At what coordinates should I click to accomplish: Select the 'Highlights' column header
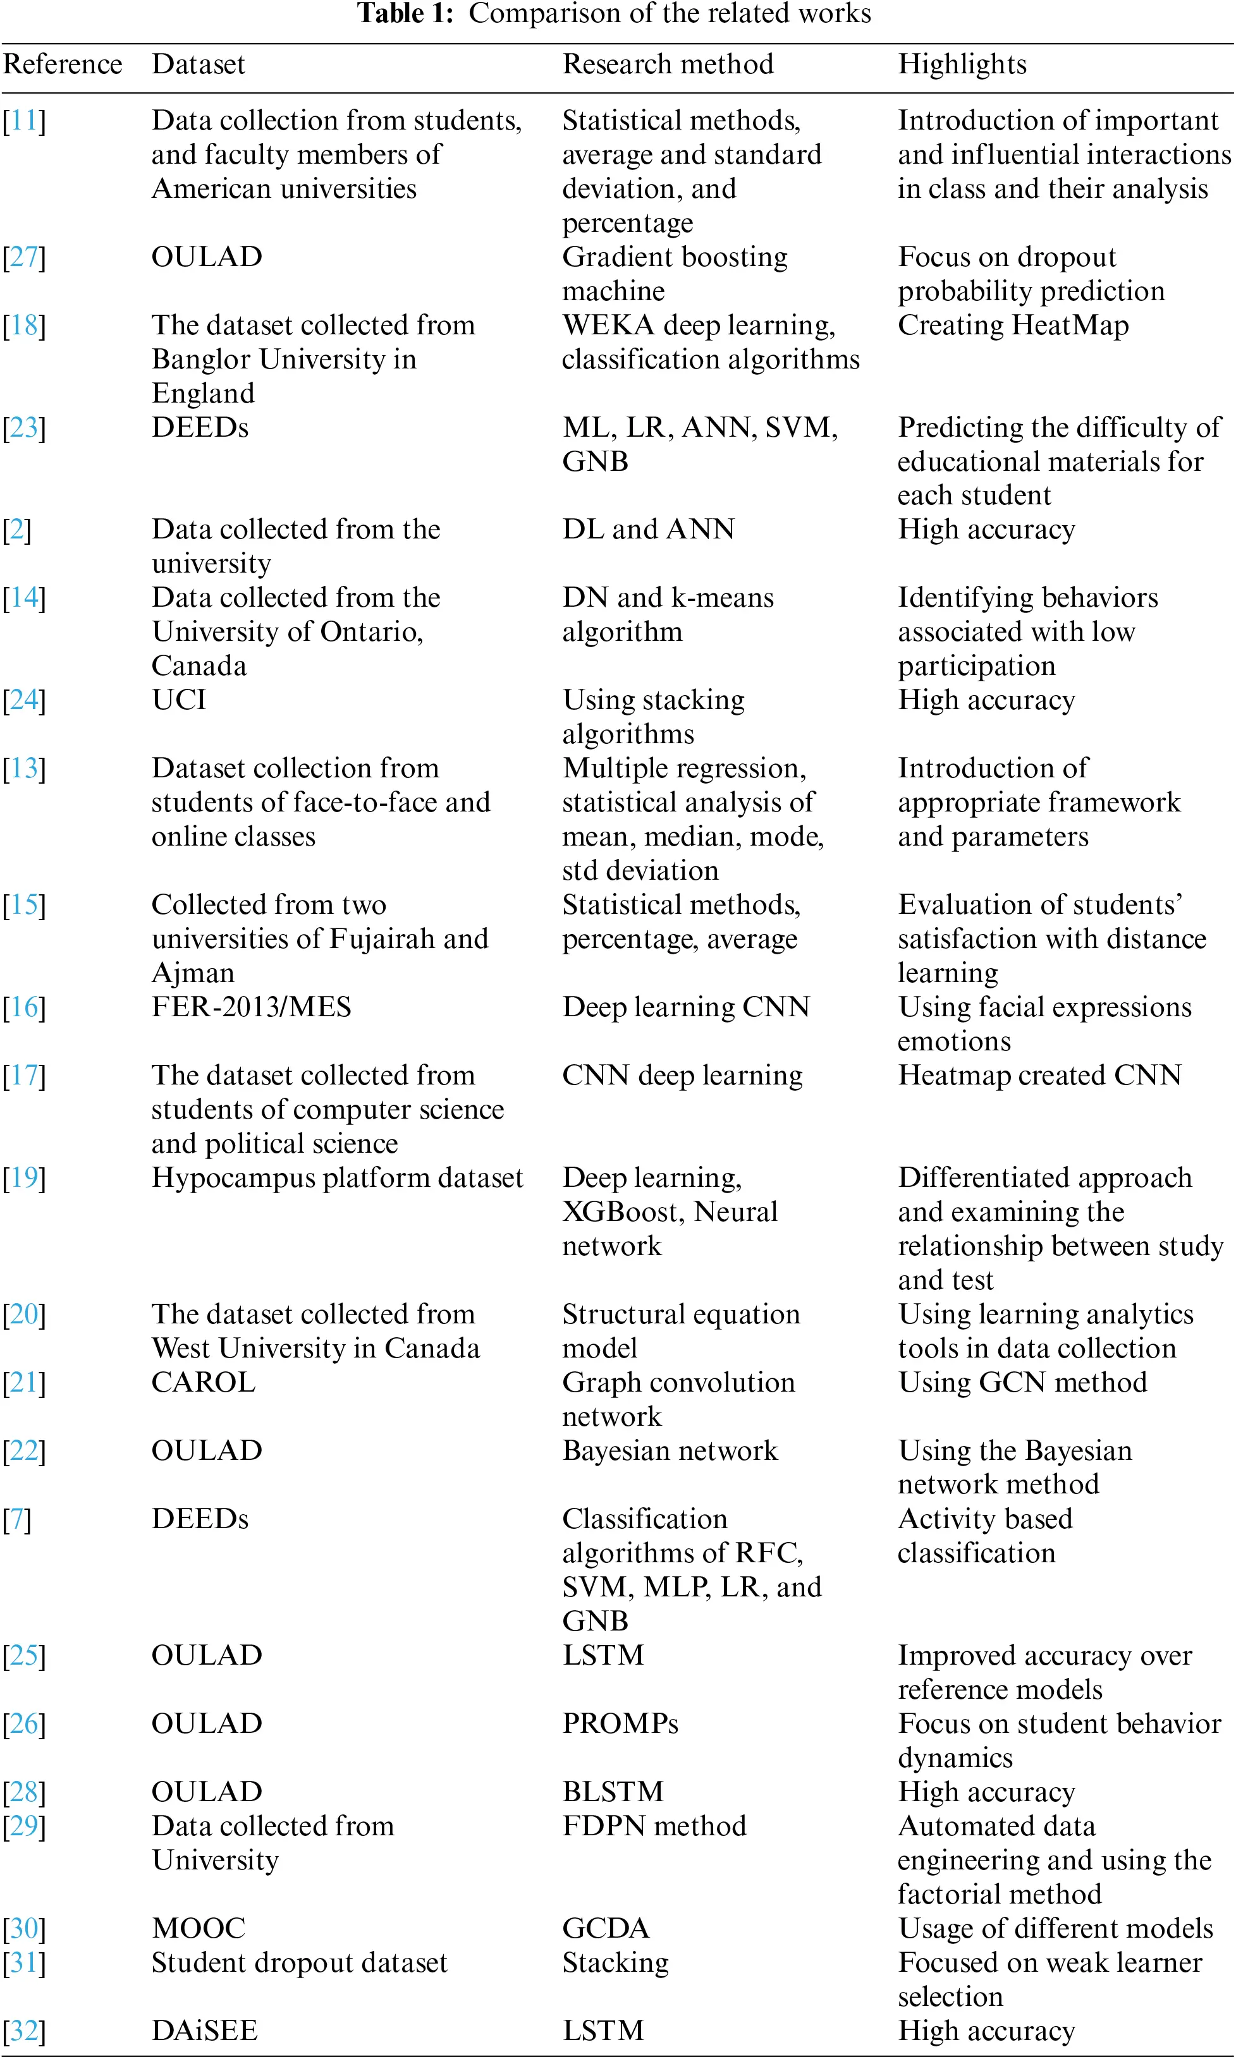click(962, 64)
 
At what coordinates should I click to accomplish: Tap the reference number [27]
click(24, 257)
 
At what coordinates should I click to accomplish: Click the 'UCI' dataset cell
click(178, 700)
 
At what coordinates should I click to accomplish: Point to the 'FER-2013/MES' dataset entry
click(251, 1007)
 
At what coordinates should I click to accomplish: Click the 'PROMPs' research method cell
click(620, 1723)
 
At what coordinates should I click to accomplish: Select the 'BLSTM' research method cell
click(613, 1792)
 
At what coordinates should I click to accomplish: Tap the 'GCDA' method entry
click(606, 1928)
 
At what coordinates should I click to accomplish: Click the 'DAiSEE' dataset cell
click(204, 2031)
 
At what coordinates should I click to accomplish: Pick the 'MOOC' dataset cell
click(199, 1928)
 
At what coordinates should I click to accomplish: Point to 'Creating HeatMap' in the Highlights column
click(1013, 325)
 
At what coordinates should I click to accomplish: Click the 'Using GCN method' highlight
click(1022, 1382)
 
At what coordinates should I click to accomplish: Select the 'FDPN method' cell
click(654, 1826)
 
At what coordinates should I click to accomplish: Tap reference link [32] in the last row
click(24, 2031)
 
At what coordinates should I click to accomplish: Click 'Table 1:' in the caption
click(405, 13)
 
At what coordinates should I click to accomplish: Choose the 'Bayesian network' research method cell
click(670, 1450)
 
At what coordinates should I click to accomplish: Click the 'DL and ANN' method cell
click(648, 530)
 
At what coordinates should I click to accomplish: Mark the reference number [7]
click(16, 1519)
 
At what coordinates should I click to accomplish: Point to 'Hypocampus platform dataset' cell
click(338, 1177)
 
